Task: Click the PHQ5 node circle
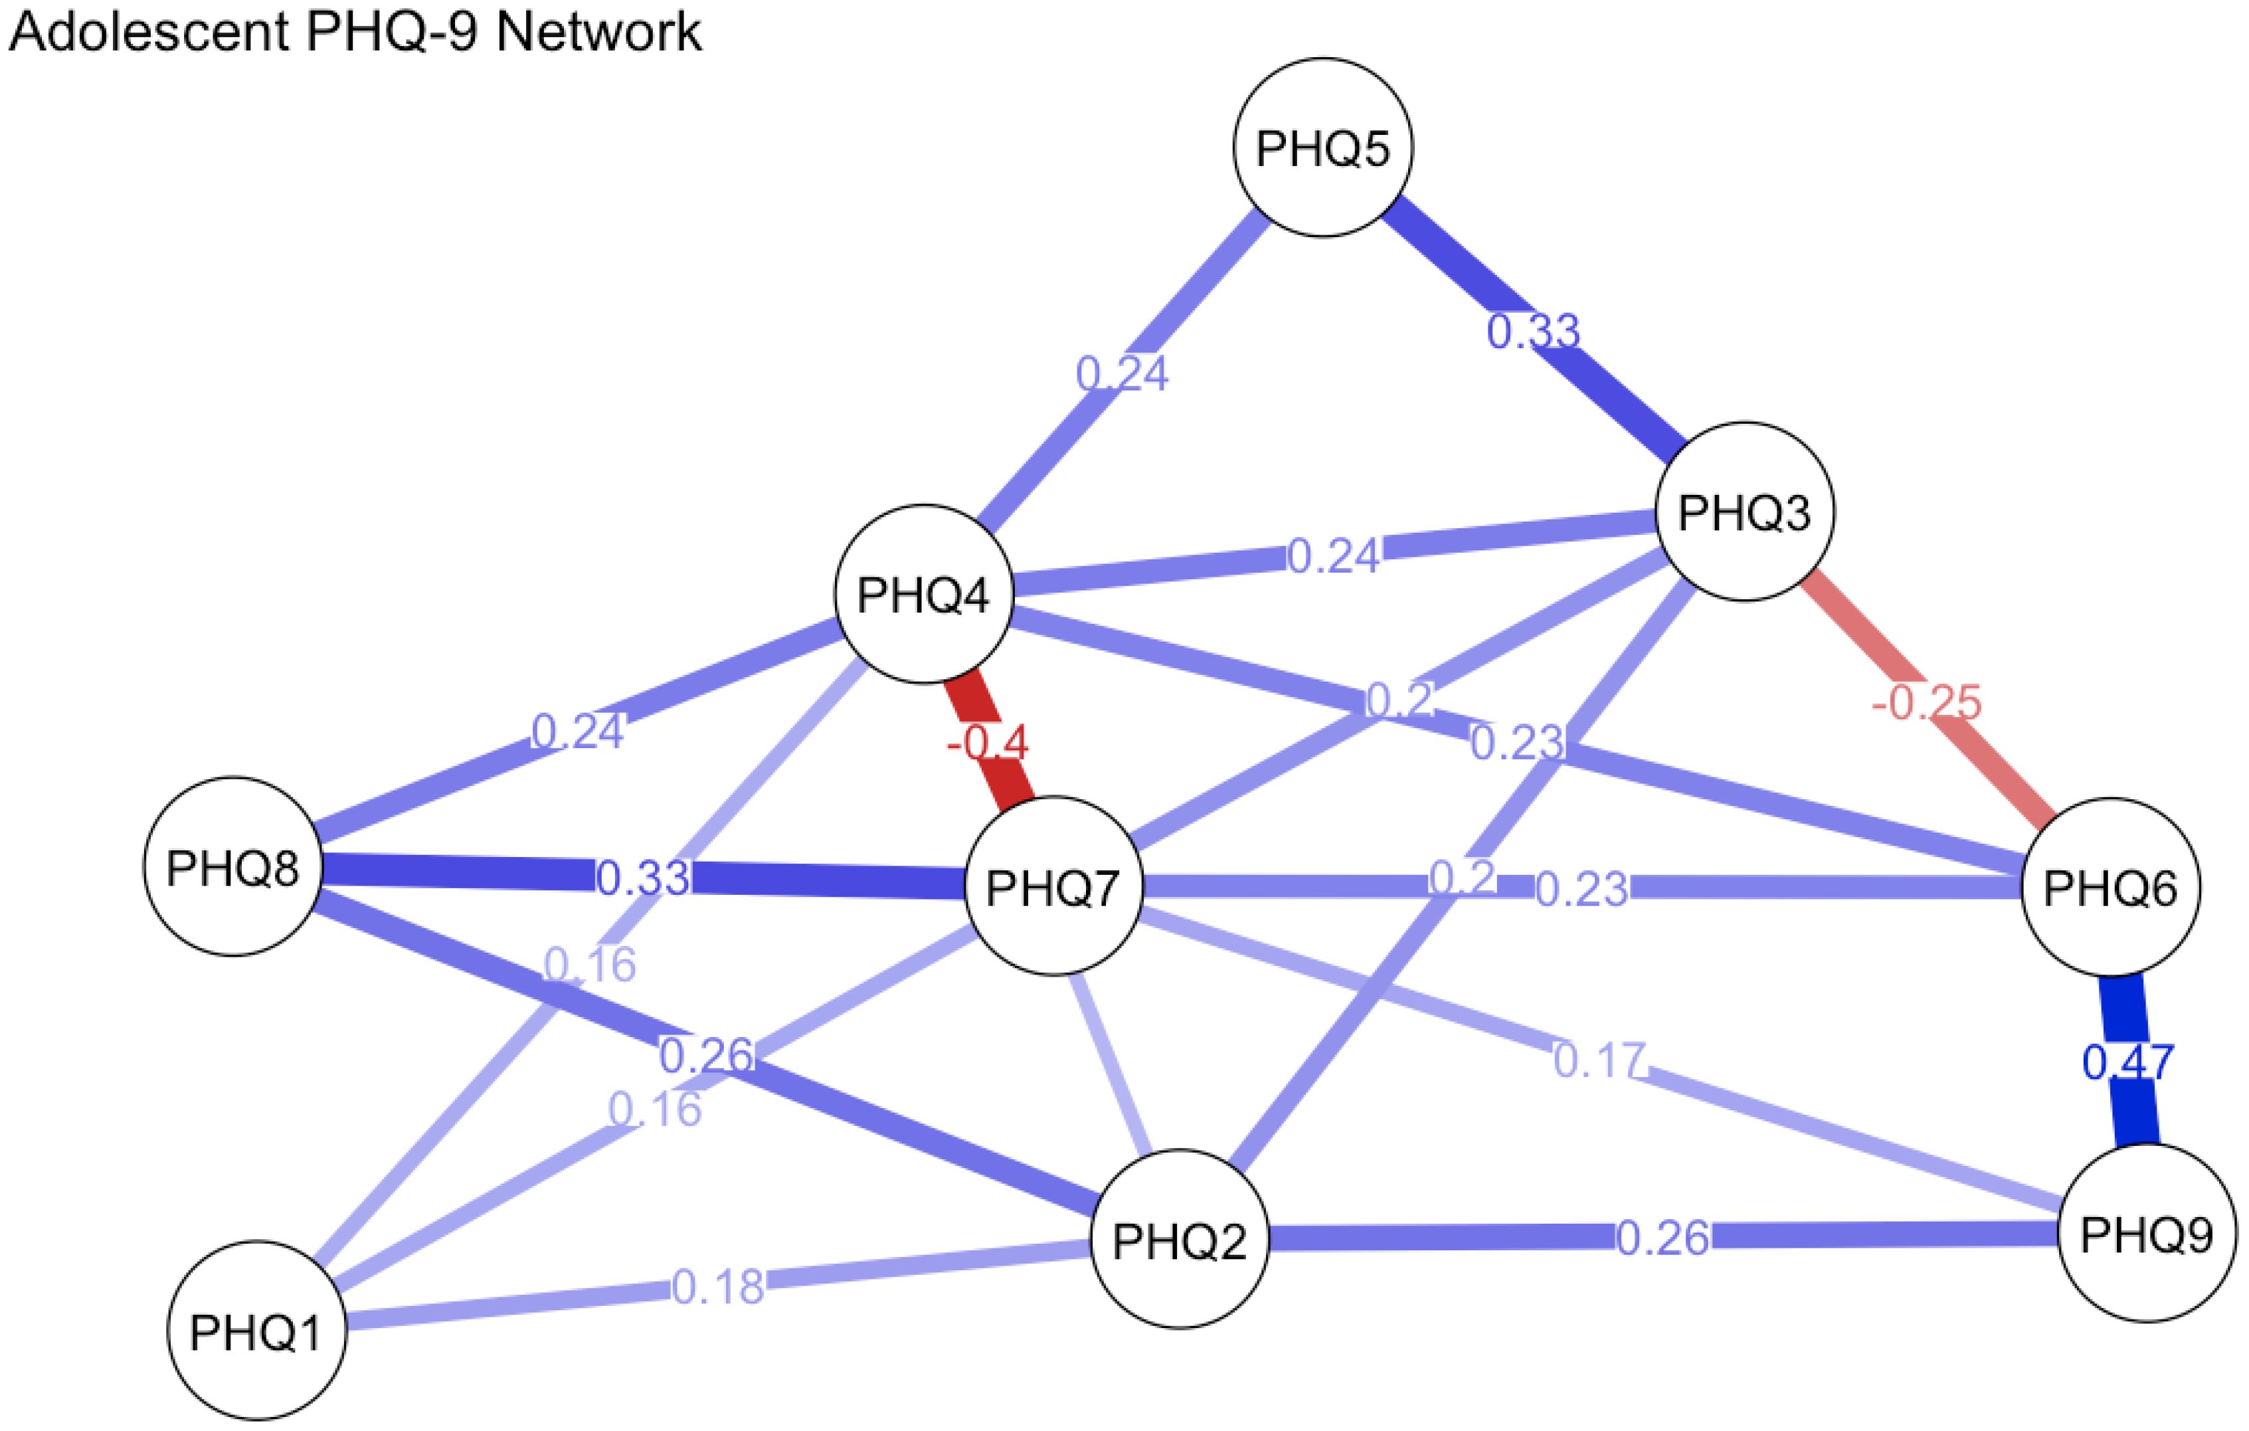1322,147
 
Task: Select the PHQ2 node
1180,1240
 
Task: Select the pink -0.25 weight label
1926,702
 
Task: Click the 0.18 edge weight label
717,1286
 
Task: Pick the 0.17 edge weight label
1598,1060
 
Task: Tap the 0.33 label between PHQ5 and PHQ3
1532,332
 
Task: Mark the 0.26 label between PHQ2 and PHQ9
1663,1238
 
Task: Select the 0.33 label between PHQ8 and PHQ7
642,878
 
